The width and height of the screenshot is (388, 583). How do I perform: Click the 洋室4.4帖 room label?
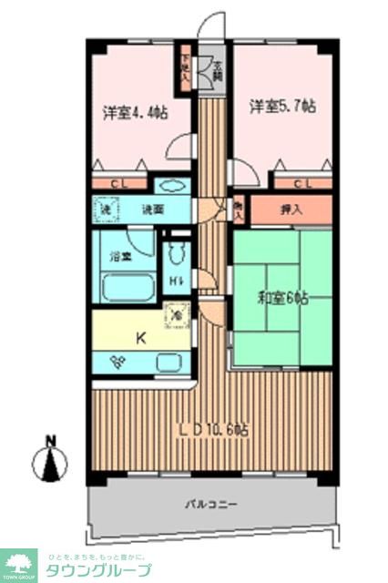134,113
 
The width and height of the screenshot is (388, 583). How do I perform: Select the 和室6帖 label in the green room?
281,298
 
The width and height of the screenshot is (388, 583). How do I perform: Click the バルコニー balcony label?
210,504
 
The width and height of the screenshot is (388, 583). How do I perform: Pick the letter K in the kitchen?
141,338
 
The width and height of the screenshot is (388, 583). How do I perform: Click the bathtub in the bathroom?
126,289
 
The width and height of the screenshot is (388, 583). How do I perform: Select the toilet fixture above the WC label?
178,250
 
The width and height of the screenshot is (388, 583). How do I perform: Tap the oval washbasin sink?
170,187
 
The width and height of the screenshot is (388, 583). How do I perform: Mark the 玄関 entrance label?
218,68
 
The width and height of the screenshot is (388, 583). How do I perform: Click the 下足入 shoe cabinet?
186,68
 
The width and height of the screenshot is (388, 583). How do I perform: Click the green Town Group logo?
18,564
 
